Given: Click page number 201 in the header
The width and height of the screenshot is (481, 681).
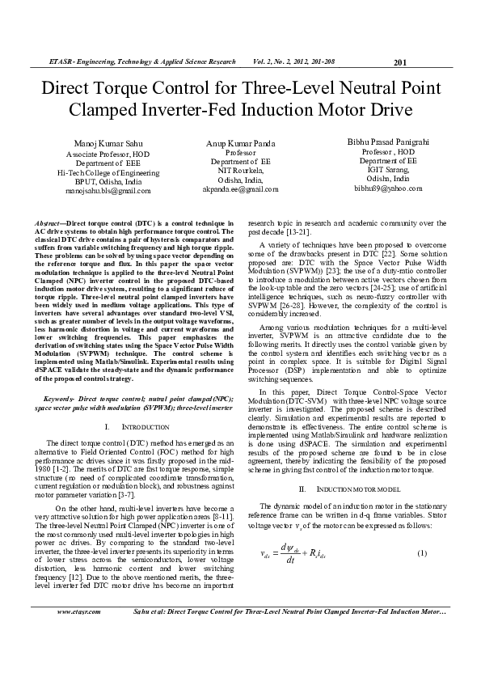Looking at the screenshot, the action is (x=399, y=62).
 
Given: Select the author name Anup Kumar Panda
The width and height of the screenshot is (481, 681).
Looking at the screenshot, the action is (x=240, y=142).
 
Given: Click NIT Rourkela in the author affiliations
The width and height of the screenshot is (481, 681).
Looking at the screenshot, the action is (x=240, y=171).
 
